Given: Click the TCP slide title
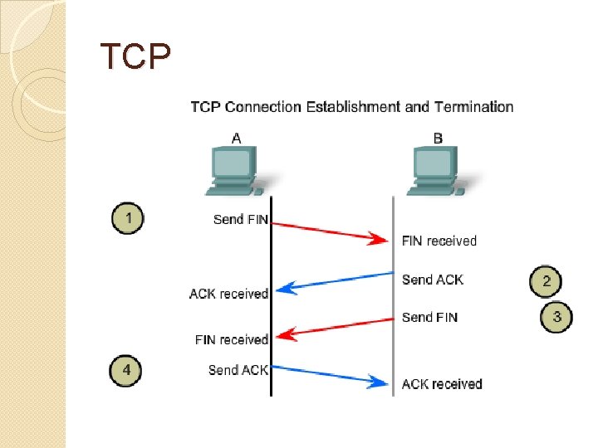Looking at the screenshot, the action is pos(135,56).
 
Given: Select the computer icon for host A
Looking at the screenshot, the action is pos(237,171).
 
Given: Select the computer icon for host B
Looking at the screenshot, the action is pos(438,171).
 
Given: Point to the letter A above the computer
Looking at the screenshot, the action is pos(237,139).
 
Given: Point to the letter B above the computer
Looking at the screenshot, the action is pos(438,138).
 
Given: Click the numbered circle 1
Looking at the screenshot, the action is pos(128,218).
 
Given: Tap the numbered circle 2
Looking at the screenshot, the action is pos(546,281).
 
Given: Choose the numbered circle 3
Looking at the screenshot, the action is pos(556,317).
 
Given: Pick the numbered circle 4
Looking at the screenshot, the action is pos(125,370).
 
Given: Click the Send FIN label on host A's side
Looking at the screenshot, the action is pos(241,219).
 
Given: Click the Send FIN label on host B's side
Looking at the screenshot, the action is pos(430,317).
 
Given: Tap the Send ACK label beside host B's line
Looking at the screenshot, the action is pos(433,280).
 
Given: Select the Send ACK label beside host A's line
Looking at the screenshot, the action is pos(238,370).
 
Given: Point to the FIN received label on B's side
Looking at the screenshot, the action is pos(439,241).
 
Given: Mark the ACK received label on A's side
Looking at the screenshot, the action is pos(229,294).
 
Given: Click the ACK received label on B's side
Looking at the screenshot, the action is pos(442,384).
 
